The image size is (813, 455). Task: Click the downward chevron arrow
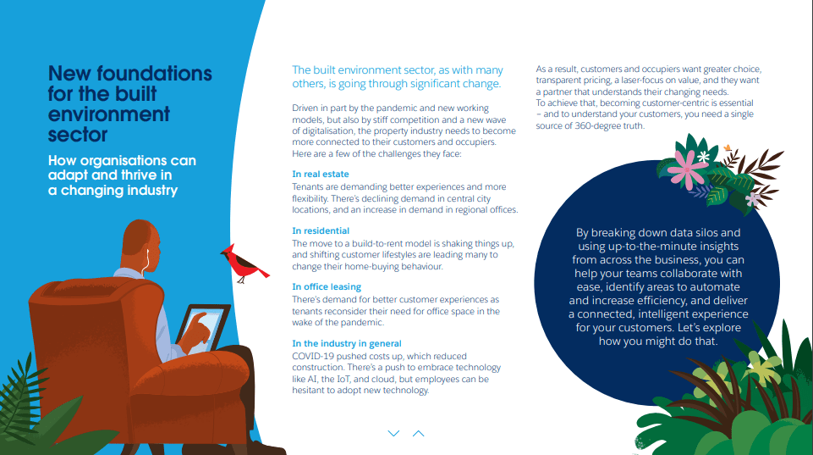[393, 433]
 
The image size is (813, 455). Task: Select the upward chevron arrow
[418, 433]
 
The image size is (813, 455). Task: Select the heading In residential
[321, 230]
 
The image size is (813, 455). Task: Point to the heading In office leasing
[327, 287]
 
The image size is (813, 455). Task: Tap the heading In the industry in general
[347, 343]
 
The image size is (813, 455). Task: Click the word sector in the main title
[77, 135]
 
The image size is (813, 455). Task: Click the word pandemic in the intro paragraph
[407, 108]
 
